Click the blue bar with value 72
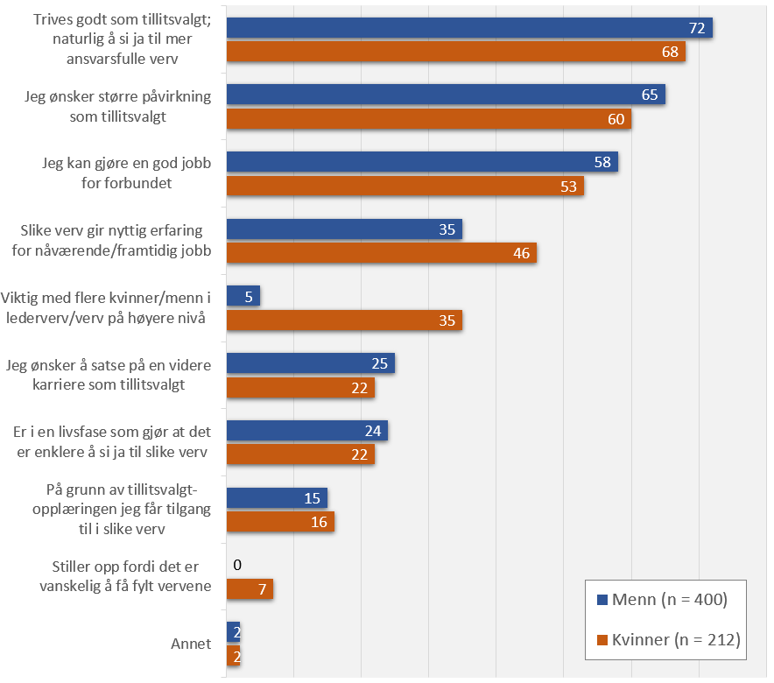pyautogui.click(x=468, y=28)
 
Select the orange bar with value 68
pyautogui.click(x=455, y=52)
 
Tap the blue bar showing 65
pyautogui.click(x=446, y=95)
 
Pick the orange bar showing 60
pyautogui.click(x=428, y=118)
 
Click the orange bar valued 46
pyautogui.click(x=381, y=253)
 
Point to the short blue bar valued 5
pyautogui.click(x=243, y=296)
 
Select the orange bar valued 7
pyautogui.click(x=250, y=588)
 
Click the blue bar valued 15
pyautogui.click(x=277, y=498)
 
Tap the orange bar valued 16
pyautogui.click(x=280, y=522)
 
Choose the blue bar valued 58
pyautogui.click(x=422, y=162)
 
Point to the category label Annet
pyautogui.click(x=191, y=644)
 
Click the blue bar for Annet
pyautogui.click(x=233, y=631)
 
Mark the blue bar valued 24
pyautogui.click(x=306, y=431)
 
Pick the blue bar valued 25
pyautogui.click(x=310, y=363)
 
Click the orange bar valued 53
pyautogui.click(x=405, y=186)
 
